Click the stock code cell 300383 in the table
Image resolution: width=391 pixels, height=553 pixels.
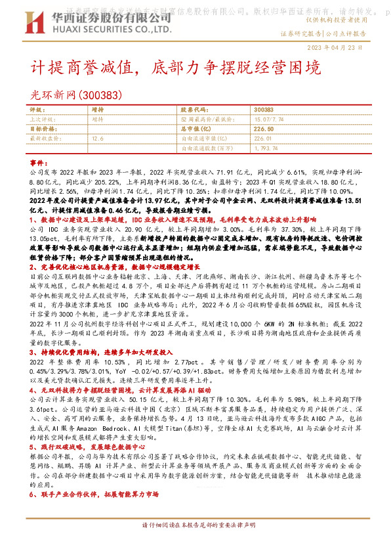click(x=263, y=110)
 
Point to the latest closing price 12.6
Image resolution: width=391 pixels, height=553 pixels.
click(x=98, y=139)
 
